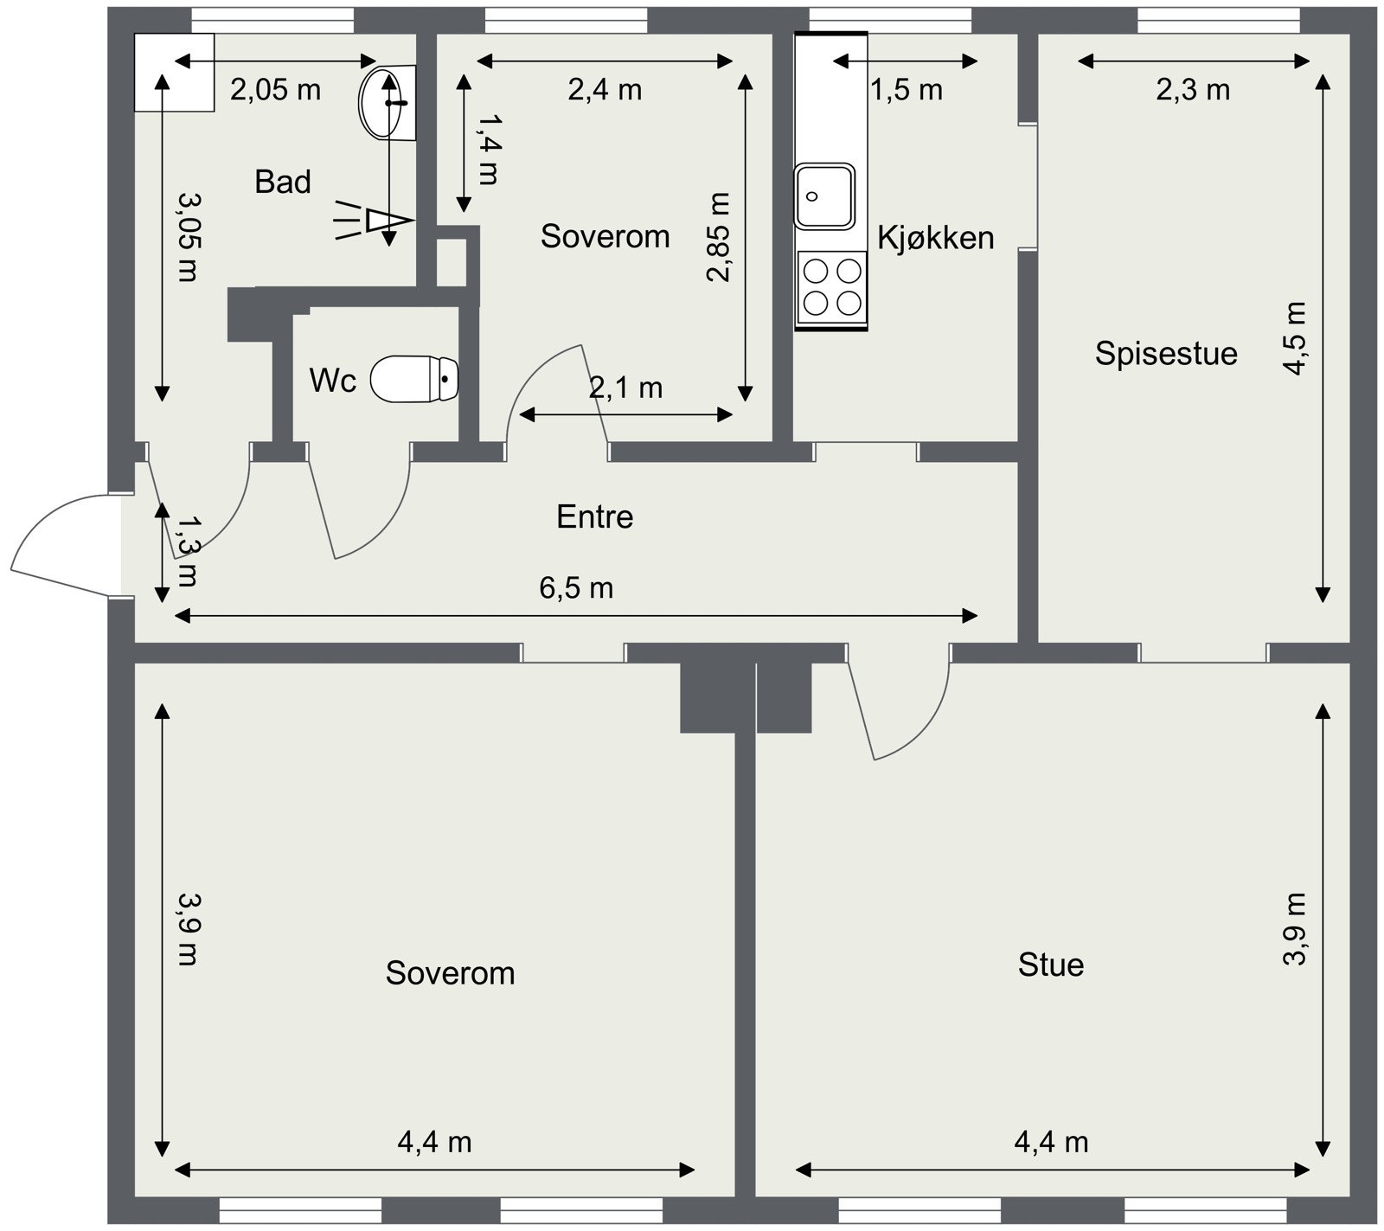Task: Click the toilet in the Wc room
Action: point(414,379)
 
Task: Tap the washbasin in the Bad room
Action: point(387,102)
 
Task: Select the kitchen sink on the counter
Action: point(824,196)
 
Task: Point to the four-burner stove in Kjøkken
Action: point(831,287)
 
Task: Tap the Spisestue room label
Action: point(1166,353)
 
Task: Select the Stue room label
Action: point(1051,965)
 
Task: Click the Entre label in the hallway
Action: point(594,516)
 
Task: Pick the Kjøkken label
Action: point(936,237)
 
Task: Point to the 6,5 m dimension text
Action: point(576,588)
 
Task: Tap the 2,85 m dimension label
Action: point(719,237)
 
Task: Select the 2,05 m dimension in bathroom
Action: point(275,89)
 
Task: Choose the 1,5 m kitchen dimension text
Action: point(906,89)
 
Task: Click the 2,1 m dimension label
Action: point(625,388)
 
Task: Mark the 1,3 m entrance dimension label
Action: point(185,551)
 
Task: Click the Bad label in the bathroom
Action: point(283,182)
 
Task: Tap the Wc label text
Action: point(333,380)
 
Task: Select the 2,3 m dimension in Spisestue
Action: point(1193,89)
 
